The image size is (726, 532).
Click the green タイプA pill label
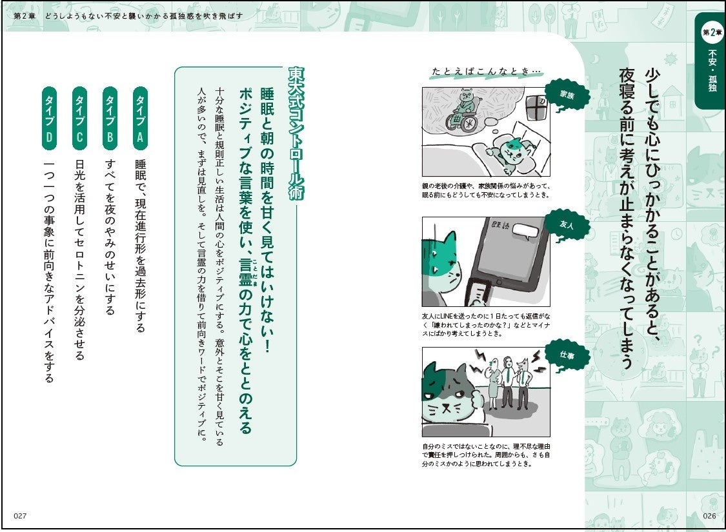(x=140, y=119)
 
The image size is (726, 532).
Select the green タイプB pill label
(x=110, y=119)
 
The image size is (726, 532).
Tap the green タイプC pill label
(x=79, y=119)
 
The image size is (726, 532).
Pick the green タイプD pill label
(x=49, y=119)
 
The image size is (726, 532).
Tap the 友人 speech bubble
(x=567, y=225)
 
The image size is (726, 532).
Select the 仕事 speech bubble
(x=567, y=355)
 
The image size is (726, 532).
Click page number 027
(x=20, y=516)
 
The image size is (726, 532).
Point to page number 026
(x=709, y=516)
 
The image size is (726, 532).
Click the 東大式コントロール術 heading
(x=296, y=133)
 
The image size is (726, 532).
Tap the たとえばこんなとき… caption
(x=486, y=71)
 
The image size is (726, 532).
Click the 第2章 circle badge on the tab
(x=712, y=32)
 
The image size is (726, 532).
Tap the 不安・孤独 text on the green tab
(x=712, y=71)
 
